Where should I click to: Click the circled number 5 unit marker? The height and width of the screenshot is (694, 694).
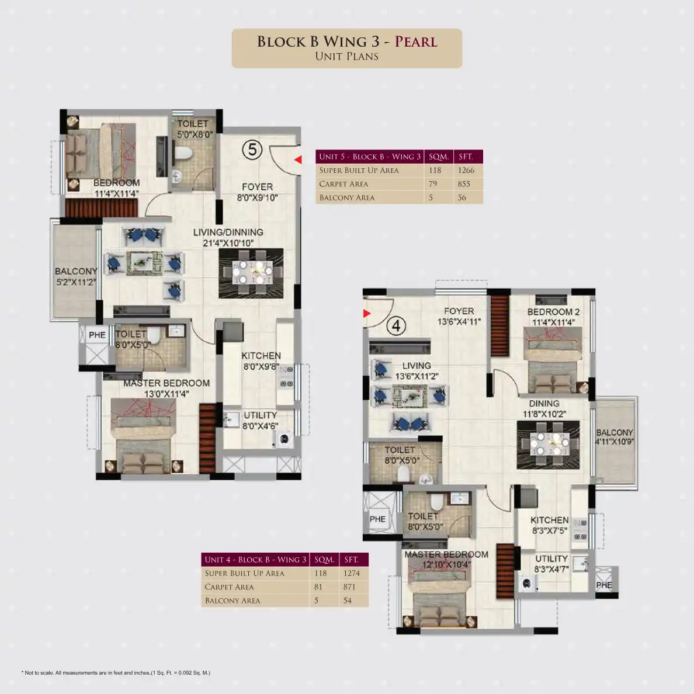coord(252,150)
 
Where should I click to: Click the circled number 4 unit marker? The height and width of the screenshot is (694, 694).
coord(396,326)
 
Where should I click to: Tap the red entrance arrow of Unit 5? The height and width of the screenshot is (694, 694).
coord(299,159)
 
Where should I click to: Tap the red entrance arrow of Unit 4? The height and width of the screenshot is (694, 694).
coord(366,313)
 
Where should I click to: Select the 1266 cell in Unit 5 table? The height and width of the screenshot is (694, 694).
coord(466,170)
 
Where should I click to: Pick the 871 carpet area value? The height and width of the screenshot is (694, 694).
coord(349,587)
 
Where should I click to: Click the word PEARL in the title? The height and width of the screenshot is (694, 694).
coord(416,41)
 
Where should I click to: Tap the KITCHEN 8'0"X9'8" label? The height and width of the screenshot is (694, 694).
coord(261,360)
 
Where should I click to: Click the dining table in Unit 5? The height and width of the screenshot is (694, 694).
coord(251,273)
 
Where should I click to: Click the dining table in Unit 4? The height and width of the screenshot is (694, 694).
coord(549,444)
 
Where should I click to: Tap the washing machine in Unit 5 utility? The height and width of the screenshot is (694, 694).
coord(284,439)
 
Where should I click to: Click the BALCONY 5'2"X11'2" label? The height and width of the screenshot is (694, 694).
coord(76,276)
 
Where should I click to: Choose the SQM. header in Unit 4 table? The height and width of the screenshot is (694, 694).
coord(324,560)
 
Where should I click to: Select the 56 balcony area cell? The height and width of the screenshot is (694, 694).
coord(461,197)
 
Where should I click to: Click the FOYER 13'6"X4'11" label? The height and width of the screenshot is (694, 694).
coord(459,316)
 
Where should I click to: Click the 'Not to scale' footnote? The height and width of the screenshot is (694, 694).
coord(116,673)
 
